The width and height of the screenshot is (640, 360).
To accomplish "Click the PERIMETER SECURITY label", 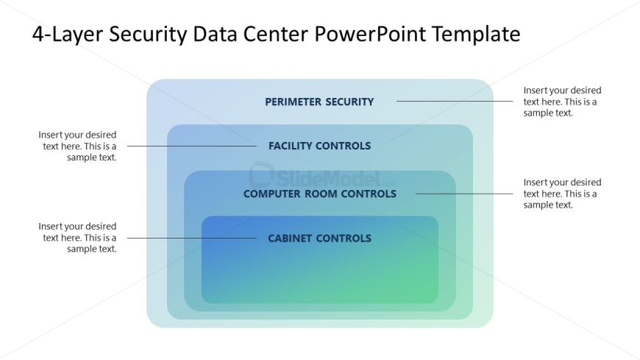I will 319,102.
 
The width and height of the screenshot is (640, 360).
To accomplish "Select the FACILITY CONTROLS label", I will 319,146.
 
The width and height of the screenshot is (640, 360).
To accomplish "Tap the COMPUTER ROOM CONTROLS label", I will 319,194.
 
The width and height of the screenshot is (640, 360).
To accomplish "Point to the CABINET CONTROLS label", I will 319,238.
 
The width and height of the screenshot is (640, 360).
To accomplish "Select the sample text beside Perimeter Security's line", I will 562,102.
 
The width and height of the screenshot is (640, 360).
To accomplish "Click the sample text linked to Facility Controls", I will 78,146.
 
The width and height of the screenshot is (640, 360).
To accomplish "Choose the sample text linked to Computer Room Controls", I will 562,193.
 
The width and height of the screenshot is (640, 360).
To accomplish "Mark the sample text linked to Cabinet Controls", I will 78,238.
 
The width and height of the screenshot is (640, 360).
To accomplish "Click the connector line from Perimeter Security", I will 455,102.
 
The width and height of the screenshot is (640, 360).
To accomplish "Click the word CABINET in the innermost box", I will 292,238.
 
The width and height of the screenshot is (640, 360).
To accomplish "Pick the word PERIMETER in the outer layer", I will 292,102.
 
